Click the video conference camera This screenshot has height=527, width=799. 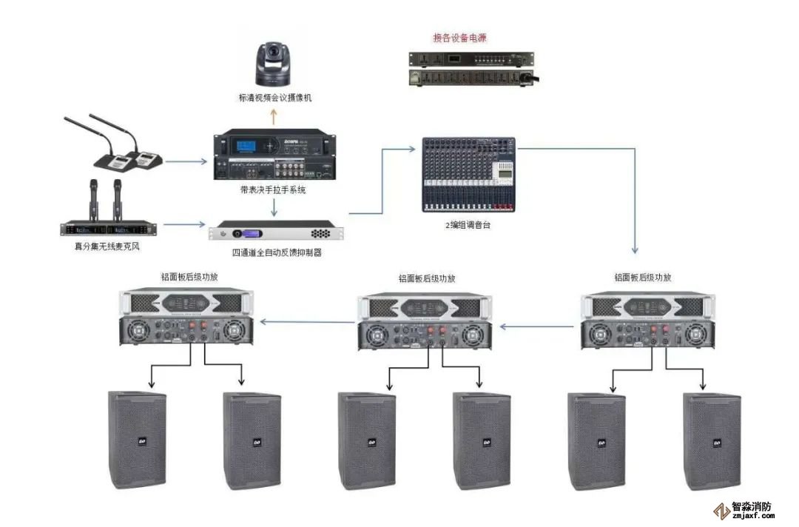click(x=274, y=64)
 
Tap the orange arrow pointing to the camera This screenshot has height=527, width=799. click(x=274, y=115)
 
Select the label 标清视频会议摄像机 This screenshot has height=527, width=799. click(x=274, y=98)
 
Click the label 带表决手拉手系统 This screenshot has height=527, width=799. click(x=274, y=190)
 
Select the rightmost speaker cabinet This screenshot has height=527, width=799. click(x=712, y=441)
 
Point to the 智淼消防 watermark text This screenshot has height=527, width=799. click(x=752, y=508)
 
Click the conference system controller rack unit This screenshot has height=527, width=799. click(x=274, y=156)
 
